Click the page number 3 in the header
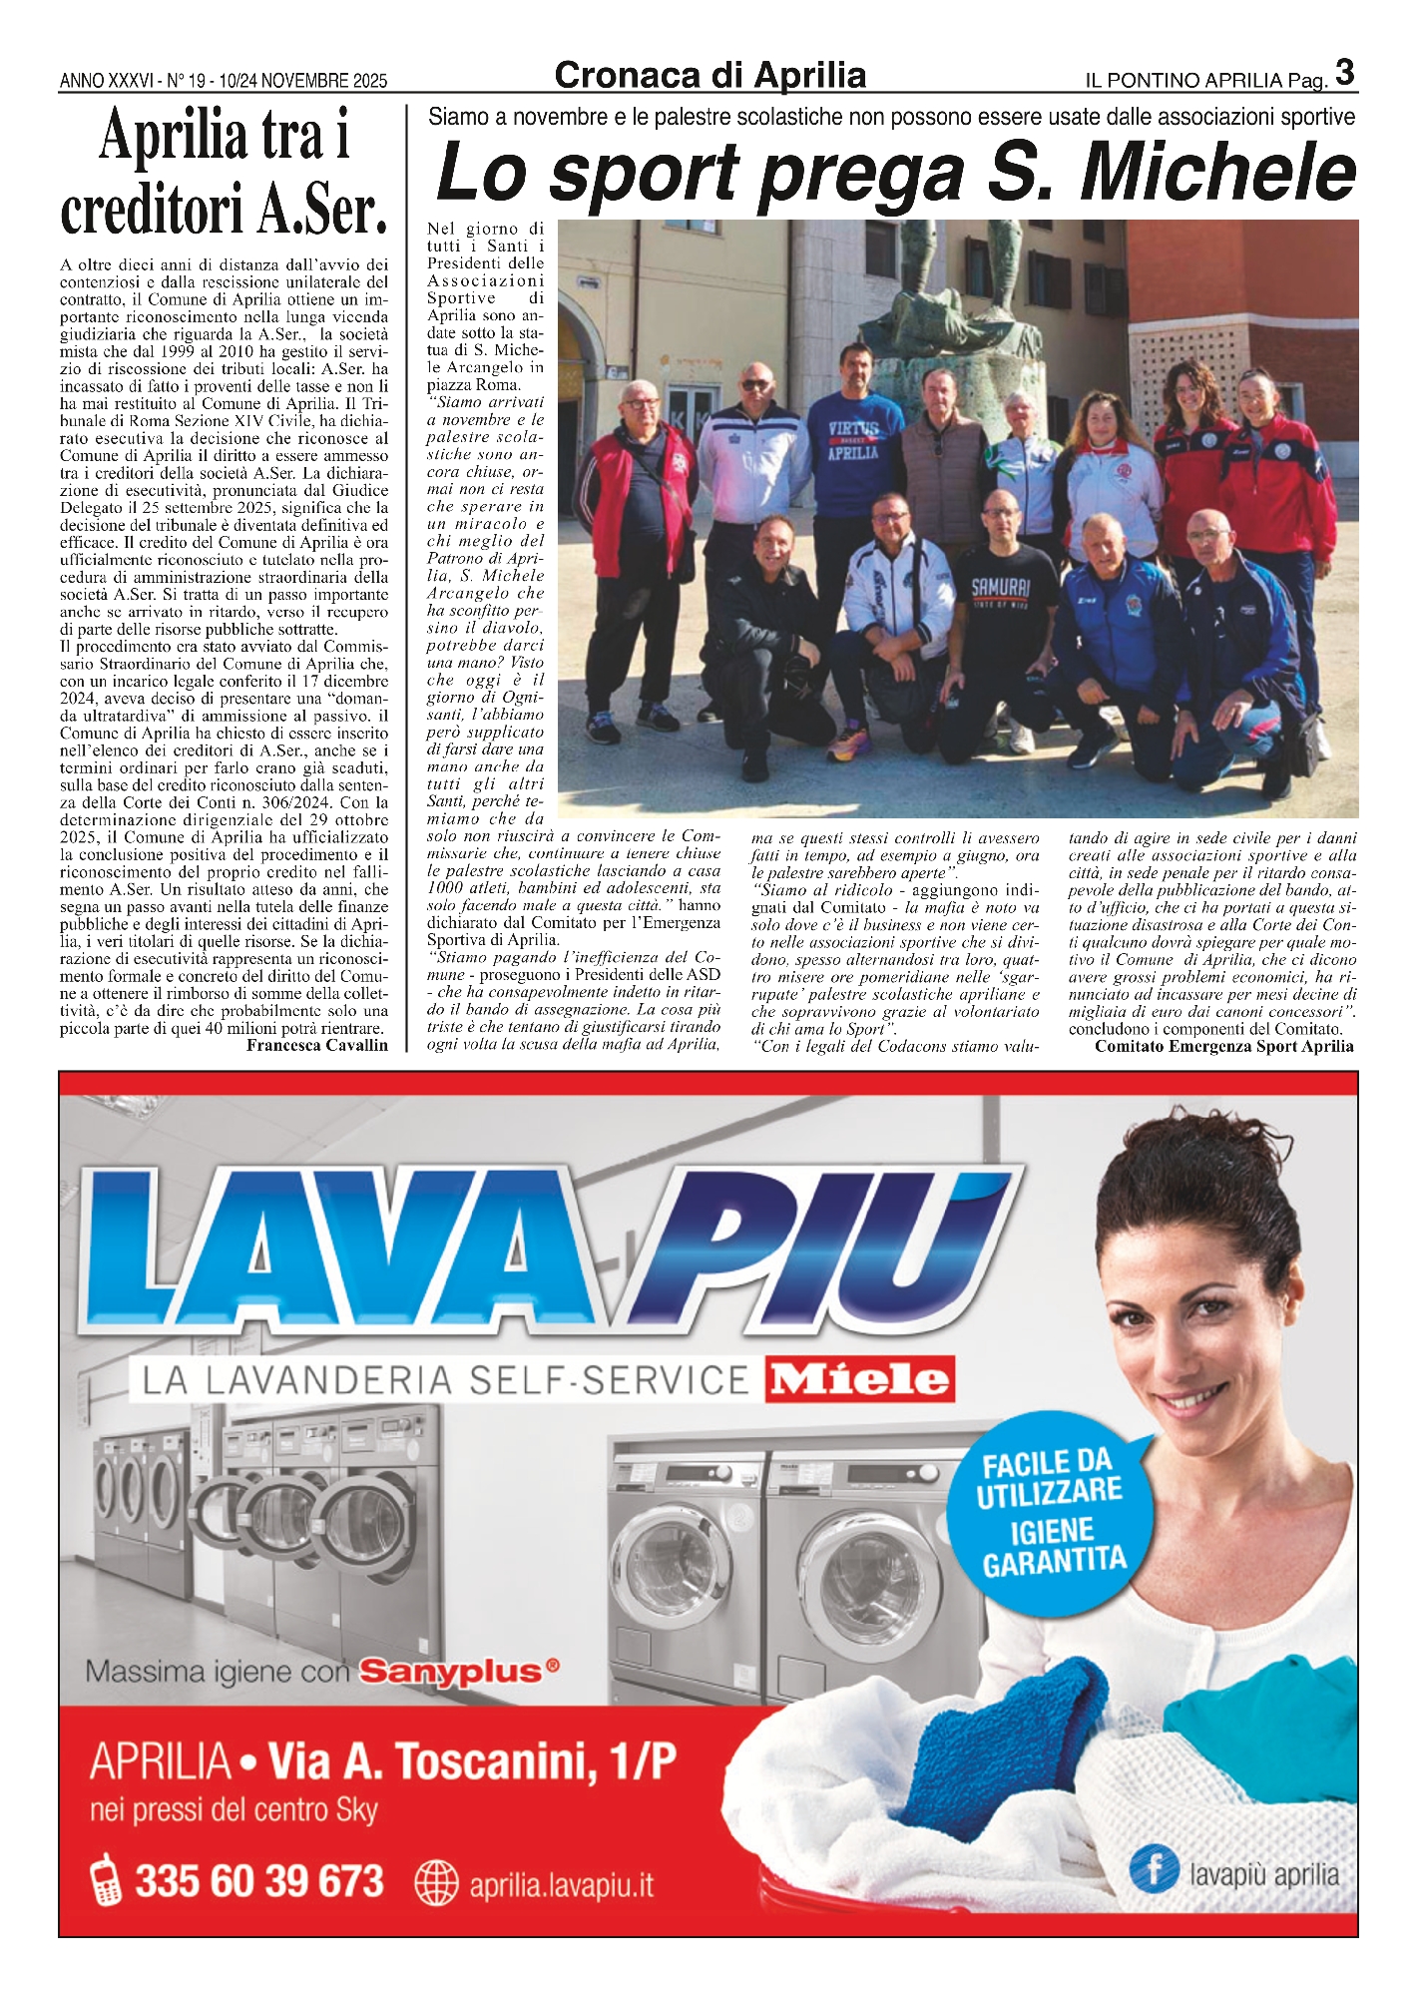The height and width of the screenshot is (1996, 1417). [x=1344, y=73]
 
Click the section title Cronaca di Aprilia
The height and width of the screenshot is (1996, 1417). [x=709, y=76]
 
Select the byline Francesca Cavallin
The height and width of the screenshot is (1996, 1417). [x=316, y=1045]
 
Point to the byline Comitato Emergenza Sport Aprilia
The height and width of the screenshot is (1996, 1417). [x=1223, y=1046]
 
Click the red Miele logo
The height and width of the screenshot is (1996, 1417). [x=859, y=1379]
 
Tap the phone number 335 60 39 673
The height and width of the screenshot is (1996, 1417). [x=259, y=1881]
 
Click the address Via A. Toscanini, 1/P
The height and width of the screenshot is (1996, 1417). [x=472, y=1762]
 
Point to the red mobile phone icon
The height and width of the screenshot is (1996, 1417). [x=106, y=1881]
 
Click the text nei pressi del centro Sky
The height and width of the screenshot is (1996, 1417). [x=234, y=1809]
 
